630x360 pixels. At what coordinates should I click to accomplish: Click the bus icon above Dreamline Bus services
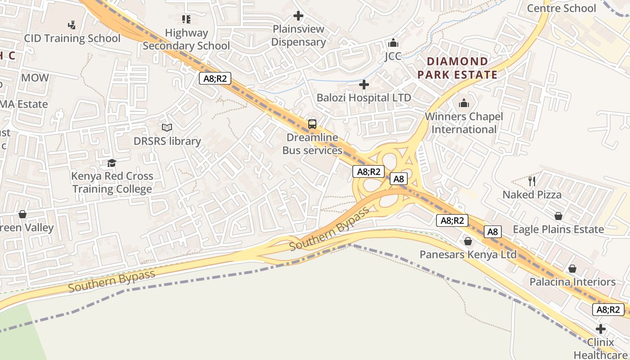312,124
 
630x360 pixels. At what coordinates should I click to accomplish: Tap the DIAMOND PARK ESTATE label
458,68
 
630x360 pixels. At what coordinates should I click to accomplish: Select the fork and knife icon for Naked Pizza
532,181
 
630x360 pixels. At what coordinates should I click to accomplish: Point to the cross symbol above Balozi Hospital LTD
364,85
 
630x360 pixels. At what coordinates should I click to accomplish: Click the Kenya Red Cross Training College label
112,182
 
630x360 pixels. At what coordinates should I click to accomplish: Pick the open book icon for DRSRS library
167,128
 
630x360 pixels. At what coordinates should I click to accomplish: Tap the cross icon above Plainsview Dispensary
298,16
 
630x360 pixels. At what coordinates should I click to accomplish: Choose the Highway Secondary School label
186,39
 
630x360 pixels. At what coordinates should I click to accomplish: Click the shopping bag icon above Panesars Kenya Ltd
468,242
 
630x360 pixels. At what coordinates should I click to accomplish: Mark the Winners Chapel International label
464,123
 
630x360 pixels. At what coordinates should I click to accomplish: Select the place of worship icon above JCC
393,43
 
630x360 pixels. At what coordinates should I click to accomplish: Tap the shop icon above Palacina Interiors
572,269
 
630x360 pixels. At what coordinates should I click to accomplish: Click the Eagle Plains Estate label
558,229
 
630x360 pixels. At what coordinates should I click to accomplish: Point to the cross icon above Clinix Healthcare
600,329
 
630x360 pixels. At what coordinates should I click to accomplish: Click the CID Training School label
72,38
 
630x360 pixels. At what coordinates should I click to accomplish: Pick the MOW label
35,78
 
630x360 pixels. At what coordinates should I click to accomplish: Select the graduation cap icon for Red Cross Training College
112,163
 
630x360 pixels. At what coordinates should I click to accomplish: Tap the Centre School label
561,8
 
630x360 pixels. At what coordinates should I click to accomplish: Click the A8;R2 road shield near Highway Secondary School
215,79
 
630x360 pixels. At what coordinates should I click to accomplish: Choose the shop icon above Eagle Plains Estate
558,216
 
